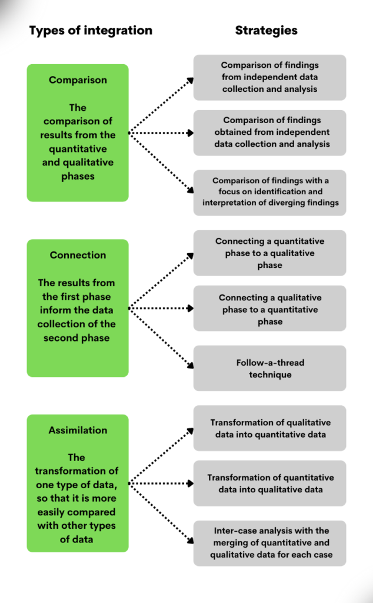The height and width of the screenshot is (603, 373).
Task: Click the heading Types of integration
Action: pos(91,31)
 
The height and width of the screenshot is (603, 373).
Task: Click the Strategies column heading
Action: pos(266,31)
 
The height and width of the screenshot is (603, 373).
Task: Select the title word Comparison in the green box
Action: pos(77,80)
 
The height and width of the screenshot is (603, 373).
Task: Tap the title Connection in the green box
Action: pos(78,255)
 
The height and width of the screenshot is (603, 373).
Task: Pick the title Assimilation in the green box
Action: pos(78,430)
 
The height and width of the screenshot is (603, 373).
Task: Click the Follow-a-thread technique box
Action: pos(269,369)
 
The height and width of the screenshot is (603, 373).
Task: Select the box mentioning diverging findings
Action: pos(269,192)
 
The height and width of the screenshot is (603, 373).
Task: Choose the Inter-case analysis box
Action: pos(269,543)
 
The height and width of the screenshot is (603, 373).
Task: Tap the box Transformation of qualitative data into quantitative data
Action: pos(269,428)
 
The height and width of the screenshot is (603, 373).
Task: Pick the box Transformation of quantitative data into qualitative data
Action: pos(269,483)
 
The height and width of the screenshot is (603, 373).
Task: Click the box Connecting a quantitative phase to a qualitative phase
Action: pos(269,253)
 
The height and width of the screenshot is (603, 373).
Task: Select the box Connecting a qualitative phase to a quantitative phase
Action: pos(269,309)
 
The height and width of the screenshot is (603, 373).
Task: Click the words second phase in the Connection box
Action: pos(76,338)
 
